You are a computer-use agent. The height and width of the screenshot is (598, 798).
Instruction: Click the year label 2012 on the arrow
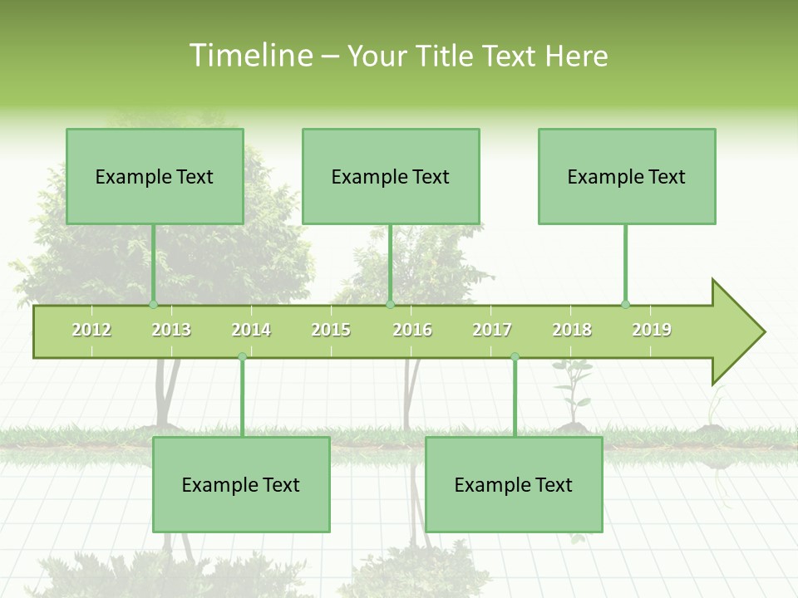[91, 330]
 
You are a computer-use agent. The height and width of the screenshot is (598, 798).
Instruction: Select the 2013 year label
[171, 330]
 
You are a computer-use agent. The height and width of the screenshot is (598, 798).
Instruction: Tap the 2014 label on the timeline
[251, 330]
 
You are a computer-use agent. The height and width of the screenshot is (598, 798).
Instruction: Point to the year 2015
[331, 330]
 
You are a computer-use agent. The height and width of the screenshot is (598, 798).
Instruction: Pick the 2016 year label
[412, 330]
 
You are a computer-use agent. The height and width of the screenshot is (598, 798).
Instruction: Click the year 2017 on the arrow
[492, 330]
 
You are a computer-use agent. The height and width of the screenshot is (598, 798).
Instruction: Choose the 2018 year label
[572, 330]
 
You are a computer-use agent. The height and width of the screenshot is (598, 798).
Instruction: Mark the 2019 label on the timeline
[652, 330]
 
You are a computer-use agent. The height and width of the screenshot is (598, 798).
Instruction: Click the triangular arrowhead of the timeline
[736, 332]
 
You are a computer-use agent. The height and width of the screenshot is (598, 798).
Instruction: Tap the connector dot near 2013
[153, 305]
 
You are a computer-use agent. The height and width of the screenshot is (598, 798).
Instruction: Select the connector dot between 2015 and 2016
[390, 305]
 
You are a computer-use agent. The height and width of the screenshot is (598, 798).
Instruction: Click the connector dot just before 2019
[625, 305]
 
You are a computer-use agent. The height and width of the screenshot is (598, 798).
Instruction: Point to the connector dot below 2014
[242, 357]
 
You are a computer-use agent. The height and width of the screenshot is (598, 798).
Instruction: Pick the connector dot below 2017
[515, 357]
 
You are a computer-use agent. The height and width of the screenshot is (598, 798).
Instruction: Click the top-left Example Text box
[155, 176]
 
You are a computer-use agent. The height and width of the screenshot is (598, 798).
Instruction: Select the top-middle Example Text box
[391, 176]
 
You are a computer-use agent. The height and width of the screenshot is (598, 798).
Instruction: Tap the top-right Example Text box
[627, 176]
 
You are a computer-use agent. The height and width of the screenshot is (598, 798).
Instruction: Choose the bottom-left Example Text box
[241, 484]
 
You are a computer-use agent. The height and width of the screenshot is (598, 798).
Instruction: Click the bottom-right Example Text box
[514, 484]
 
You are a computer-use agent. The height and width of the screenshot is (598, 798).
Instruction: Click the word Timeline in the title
[249, 56]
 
